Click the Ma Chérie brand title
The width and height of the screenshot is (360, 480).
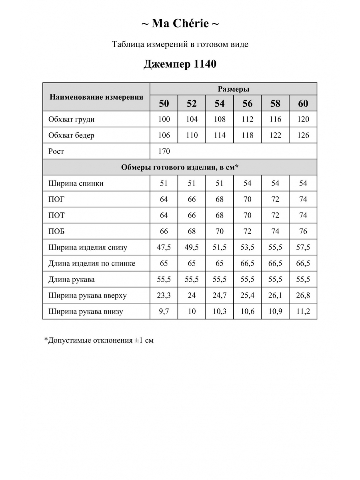[x=180, y=24]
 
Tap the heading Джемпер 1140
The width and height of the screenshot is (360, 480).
[x=180, y=64]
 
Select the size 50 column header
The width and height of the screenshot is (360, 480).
[x=164, y=104]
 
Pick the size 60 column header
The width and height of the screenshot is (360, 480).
[x=303, y=104]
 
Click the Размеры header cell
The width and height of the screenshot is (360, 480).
[x=234, y=89]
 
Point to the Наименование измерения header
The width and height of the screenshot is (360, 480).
[x=96, y=97]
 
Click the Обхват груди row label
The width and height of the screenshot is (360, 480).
[x=72, y=119]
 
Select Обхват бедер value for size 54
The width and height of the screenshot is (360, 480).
[x=220, y=135]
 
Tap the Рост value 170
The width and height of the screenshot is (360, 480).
[x=164, y=151]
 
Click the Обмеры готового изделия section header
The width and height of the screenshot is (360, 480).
[x=180, y=167]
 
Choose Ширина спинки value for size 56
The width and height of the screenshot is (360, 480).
[x=248, y=183]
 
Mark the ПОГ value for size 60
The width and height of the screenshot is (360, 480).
[x=303, y=199]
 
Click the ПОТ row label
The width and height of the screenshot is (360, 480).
[x=56, y=215]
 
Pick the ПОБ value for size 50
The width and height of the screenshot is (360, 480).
[x=164, y=231]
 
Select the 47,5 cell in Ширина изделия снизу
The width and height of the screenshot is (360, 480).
[x=164, y=247]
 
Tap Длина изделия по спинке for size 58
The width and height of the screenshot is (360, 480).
[x=275, y=263]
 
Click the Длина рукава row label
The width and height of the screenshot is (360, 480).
[x=72, y=279]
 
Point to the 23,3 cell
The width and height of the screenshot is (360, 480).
[x=164, y=295]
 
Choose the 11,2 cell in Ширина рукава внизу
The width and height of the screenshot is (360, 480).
[x=303, y=311]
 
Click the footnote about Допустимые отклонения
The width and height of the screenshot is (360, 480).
[x=99, y=340]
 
